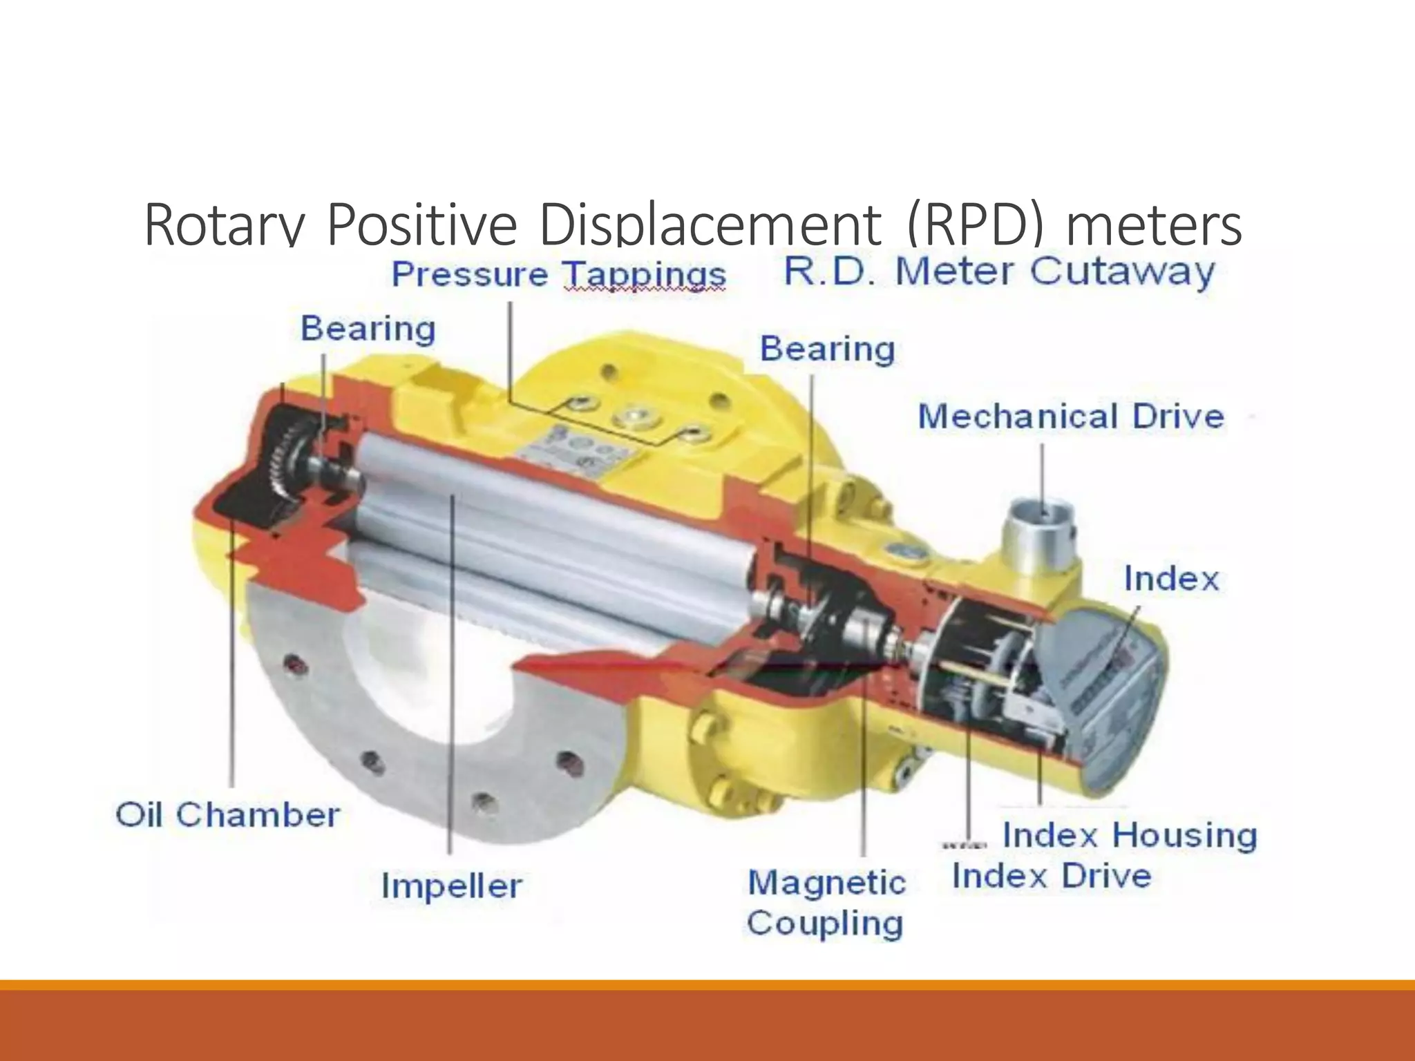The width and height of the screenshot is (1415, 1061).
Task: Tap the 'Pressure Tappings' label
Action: [x=558, y=274]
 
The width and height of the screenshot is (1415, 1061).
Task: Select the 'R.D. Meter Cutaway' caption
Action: [x=998, y=271]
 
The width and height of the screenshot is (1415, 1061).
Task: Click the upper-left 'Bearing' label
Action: [x=368, y=328]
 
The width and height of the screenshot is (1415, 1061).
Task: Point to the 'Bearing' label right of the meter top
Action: [x=827, y=349]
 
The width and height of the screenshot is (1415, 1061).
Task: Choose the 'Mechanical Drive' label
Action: [x=1070, y=417]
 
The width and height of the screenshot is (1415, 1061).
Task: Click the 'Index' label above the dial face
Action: [x=1170, y=579]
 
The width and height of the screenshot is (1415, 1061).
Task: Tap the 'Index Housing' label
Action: [x=1129, y=835]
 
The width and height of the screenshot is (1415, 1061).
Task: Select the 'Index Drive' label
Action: [x=1051, y=876]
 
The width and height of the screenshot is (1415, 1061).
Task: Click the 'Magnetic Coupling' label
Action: [x=826, y=903]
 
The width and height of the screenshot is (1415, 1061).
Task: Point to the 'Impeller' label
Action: [x=451, y=886]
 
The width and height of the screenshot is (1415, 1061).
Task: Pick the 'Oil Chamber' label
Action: [x=227, y=815]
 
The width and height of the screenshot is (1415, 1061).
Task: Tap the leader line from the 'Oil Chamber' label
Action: [x=232, y=656]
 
